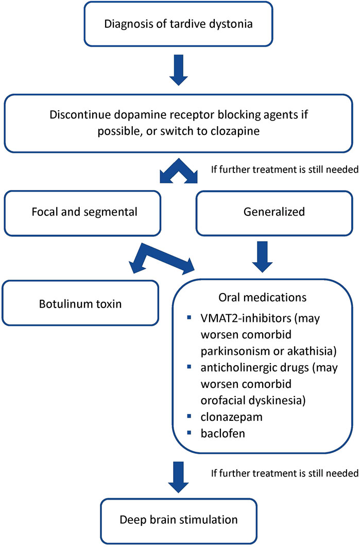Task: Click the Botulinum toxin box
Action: coord(80,303)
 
